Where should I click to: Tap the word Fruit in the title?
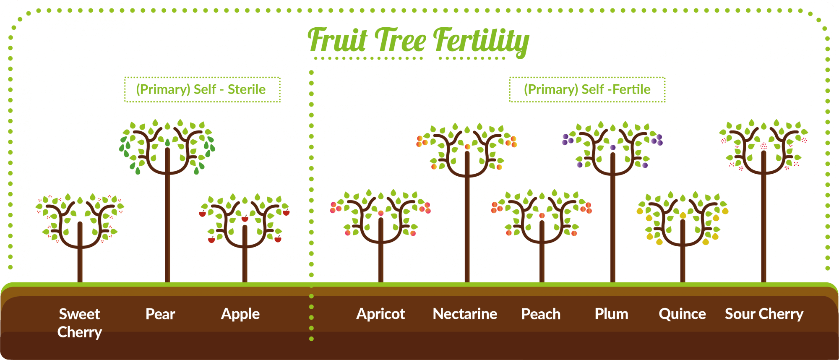pos(338,40)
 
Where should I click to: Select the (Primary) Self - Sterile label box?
pos(202,89)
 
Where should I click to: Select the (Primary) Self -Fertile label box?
pos(587,89)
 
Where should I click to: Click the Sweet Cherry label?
pos(80,323)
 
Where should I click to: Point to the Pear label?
pos(160,314)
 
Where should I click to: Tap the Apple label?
pos(240,314)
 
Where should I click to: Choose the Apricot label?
pos(380,314)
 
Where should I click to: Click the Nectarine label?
pos(465,314)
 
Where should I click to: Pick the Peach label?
pos(541,314)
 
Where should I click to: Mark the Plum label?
pos(611,314)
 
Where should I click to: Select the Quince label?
pos(682,314)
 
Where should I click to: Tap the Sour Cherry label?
pos(764,314)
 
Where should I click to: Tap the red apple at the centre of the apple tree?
pos(245,219)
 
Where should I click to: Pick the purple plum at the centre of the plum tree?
pos(613,148)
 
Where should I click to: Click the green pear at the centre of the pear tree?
pos(167,143)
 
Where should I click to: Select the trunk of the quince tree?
pos(683,260)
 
